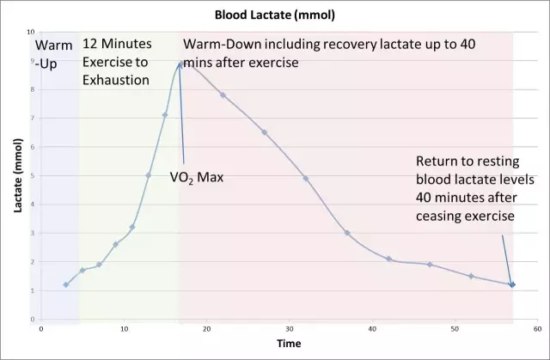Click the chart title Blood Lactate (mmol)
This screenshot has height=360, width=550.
(x=274, y=15)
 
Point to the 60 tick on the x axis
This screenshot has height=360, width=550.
(x=537, y=327)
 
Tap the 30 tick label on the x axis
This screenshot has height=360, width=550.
(x=289, y=327)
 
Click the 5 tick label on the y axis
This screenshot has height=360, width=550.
(x=33, y=176)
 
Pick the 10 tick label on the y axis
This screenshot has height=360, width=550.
(x=31, y=33)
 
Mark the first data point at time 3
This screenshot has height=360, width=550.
(x=65, y=284)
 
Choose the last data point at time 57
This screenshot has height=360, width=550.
(x=512, y=284)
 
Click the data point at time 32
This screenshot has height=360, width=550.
(x=305, y=179)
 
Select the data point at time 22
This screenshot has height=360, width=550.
(x=223, y=95)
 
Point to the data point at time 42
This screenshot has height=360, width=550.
(x=388, y=259)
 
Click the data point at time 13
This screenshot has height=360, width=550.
(x=149, y=175)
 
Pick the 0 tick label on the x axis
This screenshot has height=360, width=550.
(x=41, y=327)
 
